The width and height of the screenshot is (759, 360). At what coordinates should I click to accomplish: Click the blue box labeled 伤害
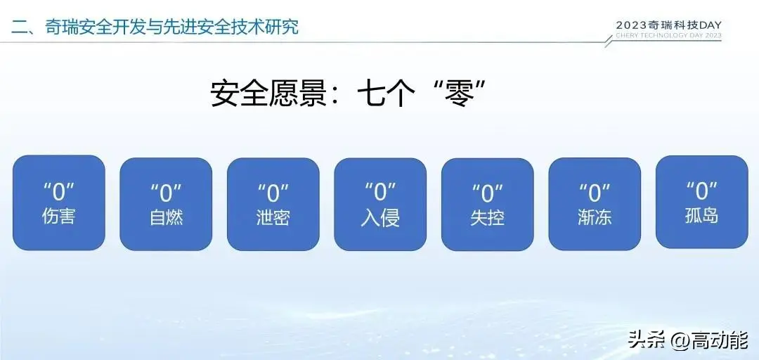tap(58, 202)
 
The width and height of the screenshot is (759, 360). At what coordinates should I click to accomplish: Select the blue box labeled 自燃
tap(166, 204)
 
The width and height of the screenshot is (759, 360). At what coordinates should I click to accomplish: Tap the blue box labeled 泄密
tap(273, 204)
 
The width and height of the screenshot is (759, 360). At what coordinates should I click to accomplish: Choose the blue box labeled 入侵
tap(380, 204)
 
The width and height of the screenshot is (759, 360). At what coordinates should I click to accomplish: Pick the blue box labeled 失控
tap(488, 204)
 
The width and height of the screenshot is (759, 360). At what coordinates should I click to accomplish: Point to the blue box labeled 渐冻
tap(595, 204)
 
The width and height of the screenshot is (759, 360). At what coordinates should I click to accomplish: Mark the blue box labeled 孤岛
tap(702, 202)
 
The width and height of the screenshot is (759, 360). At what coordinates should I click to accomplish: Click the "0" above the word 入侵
tap(380, 192)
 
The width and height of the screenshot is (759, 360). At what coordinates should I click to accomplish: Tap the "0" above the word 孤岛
tap(702, 191)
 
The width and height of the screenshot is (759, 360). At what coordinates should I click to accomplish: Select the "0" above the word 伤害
tap(58, 192)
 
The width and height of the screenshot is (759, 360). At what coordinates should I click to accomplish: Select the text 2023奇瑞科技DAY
tap(668, 25)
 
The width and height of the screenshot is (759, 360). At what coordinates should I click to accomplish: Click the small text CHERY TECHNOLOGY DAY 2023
tap(668, 35)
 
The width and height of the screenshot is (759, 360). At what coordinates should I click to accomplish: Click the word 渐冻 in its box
tap(595, 217)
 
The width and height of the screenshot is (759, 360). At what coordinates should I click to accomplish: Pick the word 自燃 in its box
tap(166, 217)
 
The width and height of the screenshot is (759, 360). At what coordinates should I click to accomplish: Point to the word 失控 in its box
tap(488, 217)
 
